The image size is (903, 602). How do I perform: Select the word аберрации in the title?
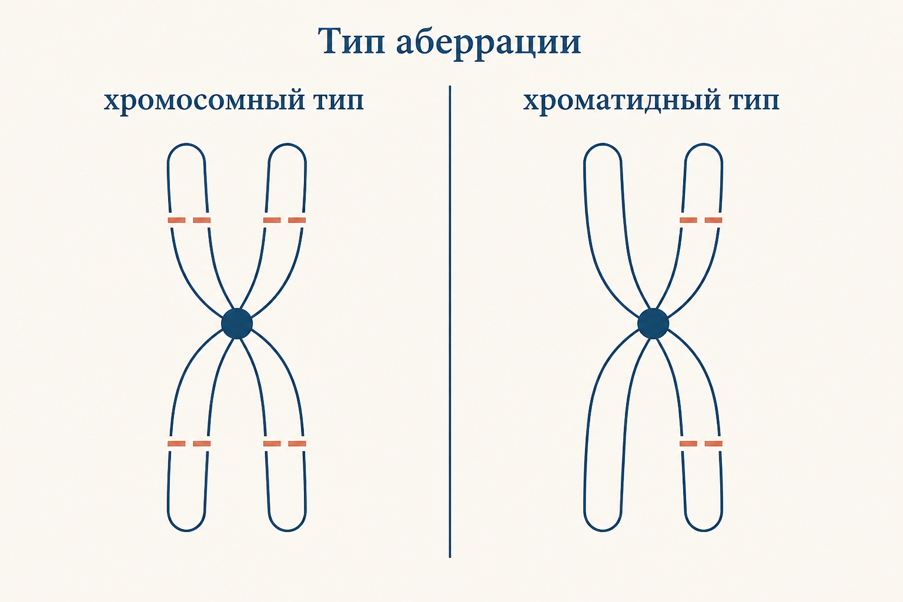[488, 43]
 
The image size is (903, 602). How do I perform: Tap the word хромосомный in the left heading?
[204, 101]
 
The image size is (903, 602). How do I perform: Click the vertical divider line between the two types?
[450, 322]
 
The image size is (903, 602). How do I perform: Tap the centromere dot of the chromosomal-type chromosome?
[237, 323]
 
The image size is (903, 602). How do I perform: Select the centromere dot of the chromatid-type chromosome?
[653, 323]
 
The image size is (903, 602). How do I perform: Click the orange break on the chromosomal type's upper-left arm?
[189, 220]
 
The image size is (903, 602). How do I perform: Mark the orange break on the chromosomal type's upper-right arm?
[285, 220]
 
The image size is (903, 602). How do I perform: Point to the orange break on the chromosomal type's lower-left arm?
[189, 443]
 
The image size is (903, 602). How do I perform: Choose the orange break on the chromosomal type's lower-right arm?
[285, 443]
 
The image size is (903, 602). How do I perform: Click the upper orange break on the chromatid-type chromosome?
[701, 220]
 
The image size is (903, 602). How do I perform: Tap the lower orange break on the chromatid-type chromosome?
[701, 443]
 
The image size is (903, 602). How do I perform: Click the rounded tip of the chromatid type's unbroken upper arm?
[602, 145]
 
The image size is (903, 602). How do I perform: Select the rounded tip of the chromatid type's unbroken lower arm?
[603, 530]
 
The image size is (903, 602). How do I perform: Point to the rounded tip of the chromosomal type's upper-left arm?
[186, 145]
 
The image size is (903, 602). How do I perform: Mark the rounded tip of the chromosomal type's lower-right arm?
[287, 530]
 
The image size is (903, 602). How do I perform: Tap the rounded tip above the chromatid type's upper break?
[704, 145]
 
